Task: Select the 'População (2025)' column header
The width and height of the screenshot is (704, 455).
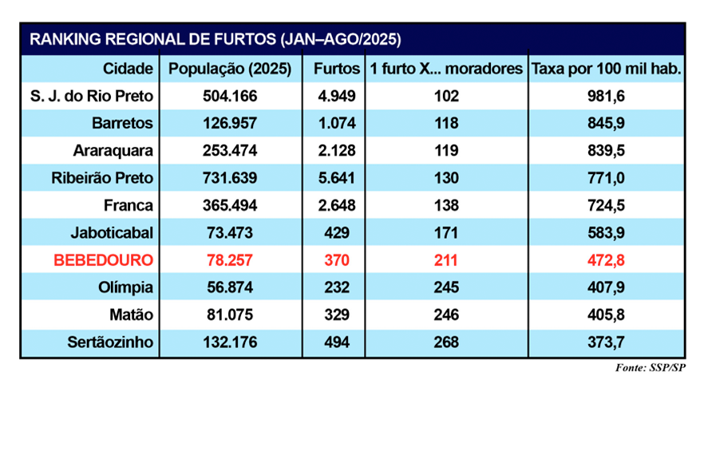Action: (x=230, y=69)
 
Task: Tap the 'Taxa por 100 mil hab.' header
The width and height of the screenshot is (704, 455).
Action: (x=606, y=69)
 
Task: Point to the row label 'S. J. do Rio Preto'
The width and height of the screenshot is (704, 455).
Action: (x=93, y=97)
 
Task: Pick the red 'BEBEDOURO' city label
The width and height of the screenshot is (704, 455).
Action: (x=103, y=260)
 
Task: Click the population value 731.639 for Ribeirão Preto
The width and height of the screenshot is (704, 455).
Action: (x=230, y=178)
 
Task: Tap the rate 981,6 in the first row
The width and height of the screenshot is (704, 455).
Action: (x=606, y=97)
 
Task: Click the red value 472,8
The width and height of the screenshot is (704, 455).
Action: (x=606, y=260)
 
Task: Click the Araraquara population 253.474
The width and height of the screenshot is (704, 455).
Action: (x=230, y=151)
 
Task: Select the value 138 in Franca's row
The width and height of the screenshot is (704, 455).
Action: (x=447, y=206)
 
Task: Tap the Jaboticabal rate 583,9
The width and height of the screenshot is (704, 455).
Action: (x=606, y=233)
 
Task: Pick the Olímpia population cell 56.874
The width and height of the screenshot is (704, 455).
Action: (x=230, y=287)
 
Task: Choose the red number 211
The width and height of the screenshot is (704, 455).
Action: (x=447, y=260)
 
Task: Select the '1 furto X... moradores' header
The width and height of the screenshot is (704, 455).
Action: (x=447, y=69)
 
